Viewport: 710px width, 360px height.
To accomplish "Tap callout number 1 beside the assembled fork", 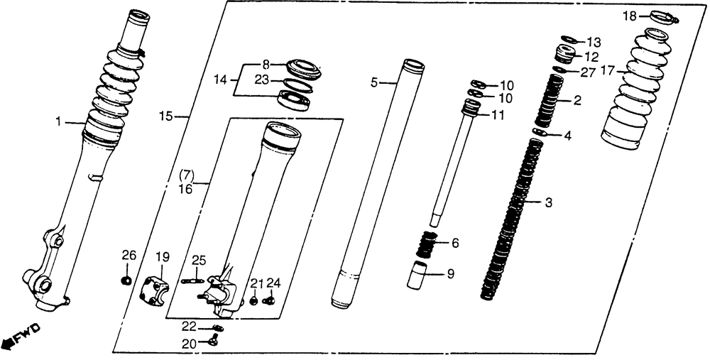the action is (x=60, y=123).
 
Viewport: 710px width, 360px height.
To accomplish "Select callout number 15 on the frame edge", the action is (x=166, y=115).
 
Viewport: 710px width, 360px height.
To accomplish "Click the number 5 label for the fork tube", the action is (x=374, y=83).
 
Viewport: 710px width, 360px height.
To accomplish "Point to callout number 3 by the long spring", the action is (x=548, y=203).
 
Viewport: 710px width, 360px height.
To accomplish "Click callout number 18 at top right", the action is (x=630, y=16).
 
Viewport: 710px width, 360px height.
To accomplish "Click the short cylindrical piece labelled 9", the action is (x=418, y=276).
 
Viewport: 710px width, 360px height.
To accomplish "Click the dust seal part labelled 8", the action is (x=304, y=69).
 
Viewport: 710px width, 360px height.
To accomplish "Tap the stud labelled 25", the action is (x=192, y=280).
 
